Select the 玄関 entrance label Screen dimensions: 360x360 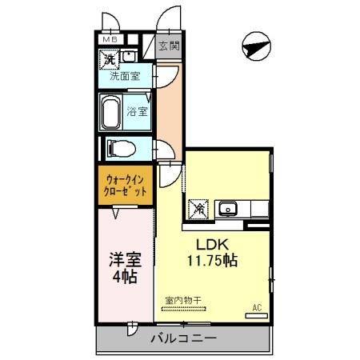pos(168,46)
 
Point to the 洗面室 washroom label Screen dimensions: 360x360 pos(125,78)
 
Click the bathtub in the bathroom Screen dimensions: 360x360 pos(110,111)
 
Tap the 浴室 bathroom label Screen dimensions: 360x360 pos(137,111)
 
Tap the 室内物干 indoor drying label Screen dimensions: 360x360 pos(183,301)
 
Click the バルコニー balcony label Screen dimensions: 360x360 pos(183,338)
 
